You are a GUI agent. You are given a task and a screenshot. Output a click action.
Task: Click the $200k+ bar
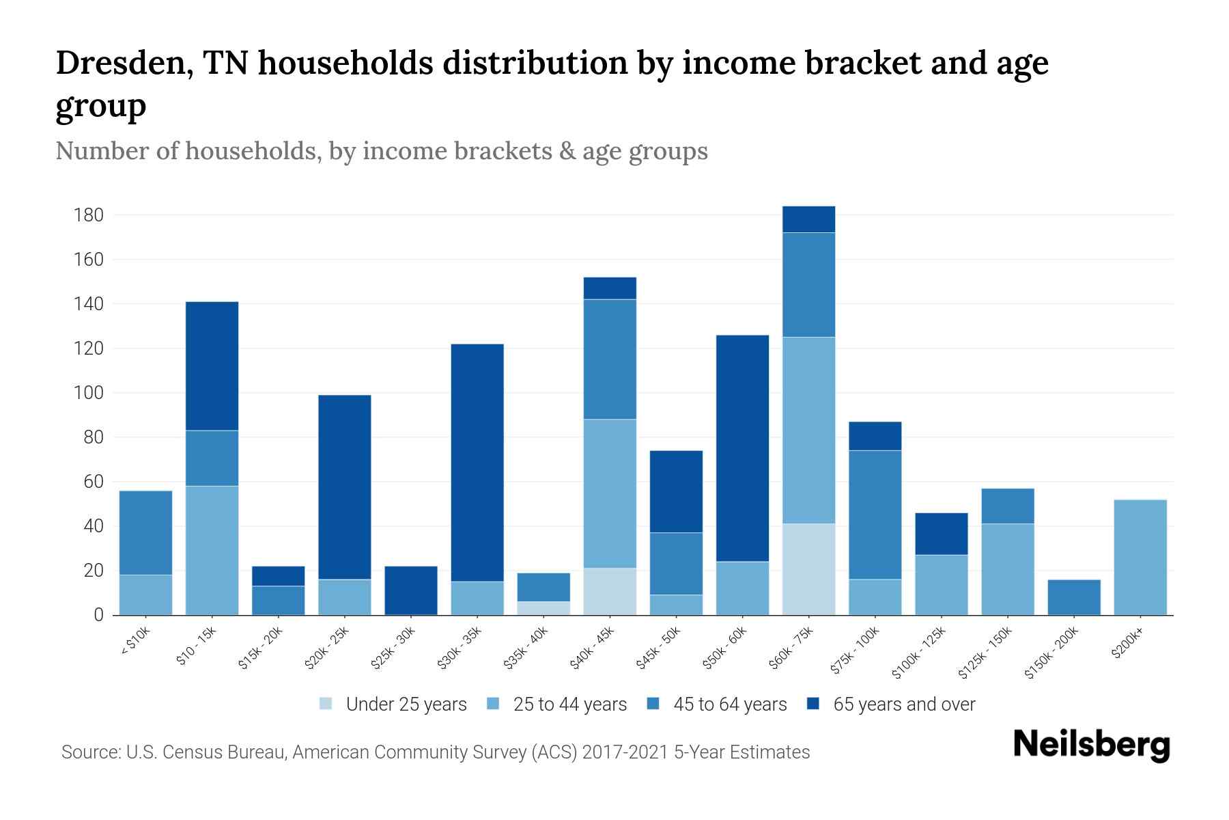1140,557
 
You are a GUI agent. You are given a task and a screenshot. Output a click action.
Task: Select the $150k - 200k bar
1074,597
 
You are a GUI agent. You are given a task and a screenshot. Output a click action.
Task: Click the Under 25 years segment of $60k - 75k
808,569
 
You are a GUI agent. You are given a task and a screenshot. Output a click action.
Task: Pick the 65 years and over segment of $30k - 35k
477,463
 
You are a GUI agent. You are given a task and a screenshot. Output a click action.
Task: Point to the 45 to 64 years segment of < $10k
145,533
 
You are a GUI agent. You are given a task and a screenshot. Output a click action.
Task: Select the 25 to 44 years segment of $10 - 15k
212,550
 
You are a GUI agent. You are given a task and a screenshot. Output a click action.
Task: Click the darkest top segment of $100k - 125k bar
941,534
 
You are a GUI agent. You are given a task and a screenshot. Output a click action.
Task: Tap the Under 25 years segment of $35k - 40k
543,608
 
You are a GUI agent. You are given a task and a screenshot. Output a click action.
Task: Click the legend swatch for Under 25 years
326,704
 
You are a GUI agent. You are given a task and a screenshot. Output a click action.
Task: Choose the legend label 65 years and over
904,705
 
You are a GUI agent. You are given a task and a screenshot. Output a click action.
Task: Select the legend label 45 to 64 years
730,705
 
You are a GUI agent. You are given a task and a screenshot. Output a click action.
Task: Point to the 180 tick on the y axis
89,215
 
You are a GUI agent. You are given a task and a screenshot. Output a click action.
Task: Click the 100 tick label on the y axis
89,393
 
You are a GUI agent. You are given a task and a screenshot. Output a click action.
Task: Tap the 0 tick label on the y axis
98,615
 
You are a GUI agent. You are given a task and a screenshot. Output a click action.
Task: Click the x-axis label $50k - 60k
726,647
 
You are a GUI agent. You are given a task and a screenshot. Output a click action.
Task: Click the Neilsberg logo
1091,745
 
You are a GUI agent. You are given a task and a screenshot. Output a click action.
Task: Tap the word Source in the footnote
89,752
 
